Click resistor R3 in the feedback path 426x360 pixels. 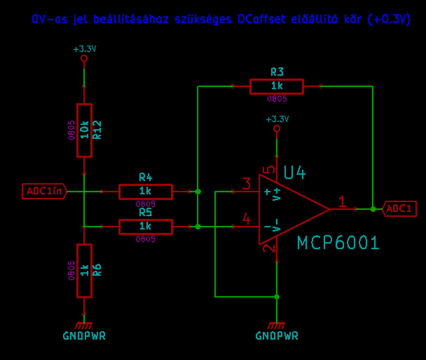[276, 86]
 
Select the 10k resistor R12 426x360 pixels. [84, 130]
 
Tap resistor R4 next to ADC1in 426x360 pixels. [145, 192]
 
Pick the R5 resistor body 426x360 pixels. [145, 226]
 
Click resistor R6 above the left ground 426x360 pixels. [84, 270]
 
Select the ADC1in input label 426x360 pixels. [44, 192]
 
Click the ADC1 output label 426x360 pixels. [399, 209]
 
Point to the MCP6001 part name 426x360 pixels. [338, 243]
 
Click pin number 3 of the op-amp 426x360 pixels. [247, 184]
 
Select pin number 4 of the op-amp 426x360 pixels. [247, 219]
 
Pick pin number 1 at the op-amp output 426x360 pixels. [342, 202]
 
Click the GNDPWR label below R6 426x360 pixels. [84, 336]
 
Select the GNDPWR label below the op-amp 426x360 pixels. [277, 336]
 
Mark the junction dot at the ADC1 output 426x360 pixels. [373, 209]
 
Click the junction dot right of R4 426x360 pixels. [198, 192]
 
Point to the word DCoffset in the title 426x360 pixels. [262, 19]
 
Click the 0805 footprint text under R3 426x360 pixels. [277, 99]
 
